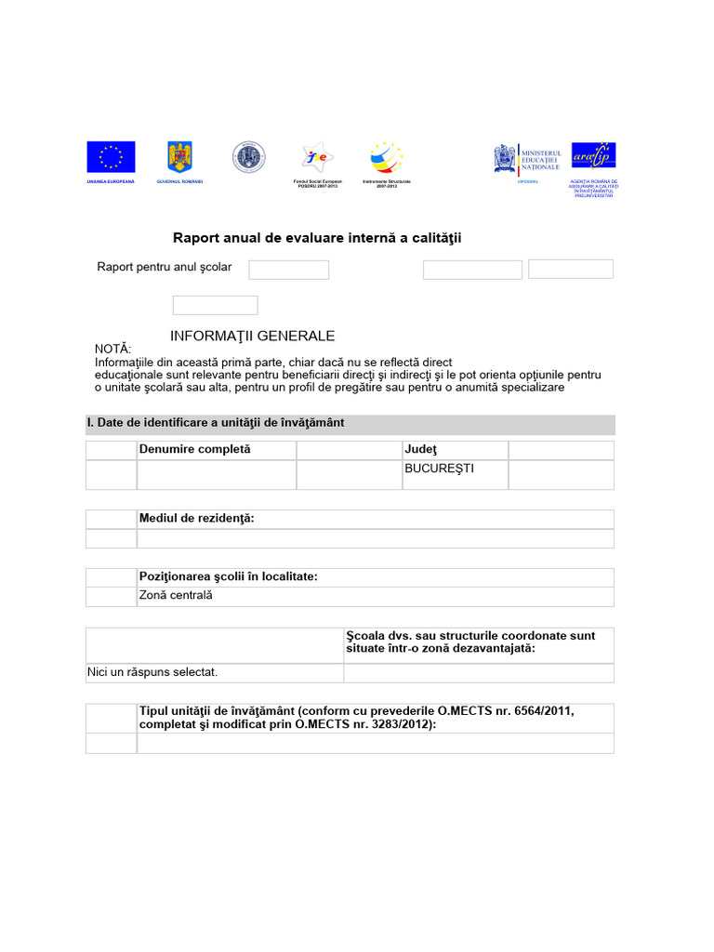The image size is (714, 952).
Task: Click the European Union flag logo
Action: point(111,157)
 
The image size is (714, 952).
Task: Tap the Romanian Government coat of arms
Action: point(178,157)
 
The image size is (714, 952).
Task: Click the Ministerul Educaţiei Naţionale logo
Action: point(527,159)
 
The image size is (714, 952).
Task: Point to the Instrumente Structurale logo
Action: point(386,157)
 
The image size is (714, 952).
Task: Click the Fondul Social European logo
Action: point(317,157)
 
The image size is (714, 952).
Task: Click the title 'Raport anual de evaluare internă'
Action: point(317,239)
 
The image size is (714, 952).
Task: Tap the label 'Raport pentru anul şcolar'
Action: point(165,268)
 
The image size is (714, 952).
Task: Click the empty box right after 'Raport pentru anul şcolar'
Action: point(288,270)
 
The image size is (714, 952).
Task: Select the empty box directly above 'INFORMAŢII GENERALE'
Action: point(215,305)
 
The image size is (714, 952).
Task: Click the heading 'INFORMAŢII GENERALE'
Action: point(253,336)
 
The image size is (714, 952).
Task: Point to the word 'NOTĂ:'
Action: point(114,349)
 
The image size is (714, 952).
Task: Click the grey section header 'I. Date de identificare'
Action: point(216,423)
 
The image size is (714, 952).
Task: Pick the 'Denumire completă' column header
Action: point(195,450)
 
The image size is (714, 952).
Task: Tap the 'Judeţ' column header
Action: point(420,450)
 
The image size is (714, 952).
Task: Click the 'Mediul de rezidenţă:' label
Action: point(196,519)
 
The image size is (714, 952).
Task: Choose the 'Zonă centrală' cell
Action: point(176,595)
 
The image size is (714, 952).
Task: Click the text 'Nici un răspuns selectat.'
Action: point(153,672)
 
